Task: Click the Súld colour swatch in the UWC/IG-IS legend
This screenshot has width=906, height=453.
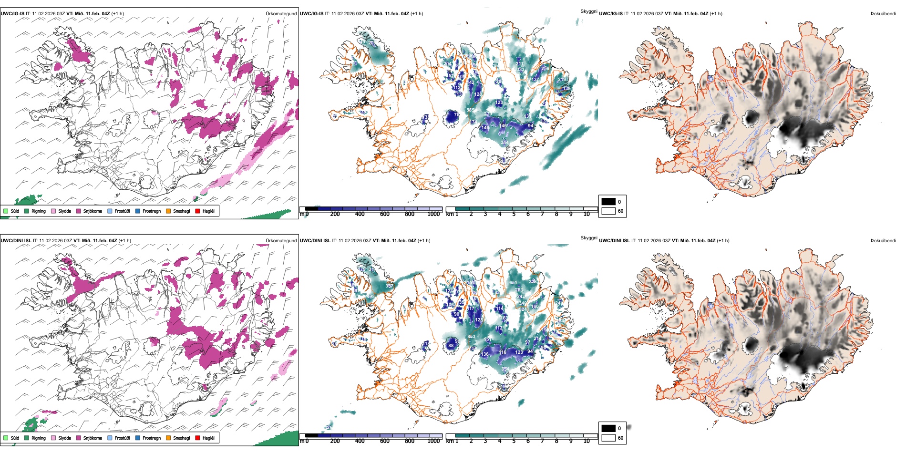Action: (x=6, y=211)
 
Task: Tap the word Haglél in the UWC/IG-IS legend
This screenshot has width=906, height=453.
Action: (x=208, y=211)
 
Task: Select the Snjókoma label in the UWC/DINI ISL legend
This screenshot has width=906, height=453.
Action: (x=93, y=438)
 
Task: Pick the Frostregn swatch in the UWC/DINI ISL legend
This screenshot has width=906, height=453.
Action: (x=137, y=438)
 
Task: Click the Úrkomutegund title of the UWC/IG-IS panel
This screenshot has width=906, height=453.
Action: (x=281, y=14)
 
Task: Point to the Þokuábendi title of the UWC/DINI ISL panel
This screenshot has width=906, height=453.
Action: (x=883, y=241)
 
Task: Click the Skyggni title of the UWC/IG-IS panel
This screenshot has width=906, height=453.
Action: (x=588, y=11)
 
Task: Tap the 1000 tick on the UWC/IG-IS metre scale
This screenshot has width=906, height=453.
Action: (x=433, y=214)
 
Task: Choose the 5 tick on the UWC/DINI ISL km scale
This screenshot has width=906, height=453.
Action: (x=514, y=441)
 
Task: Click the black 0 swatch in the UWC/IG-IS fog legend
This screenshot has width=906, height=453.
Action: (x=608, y=202)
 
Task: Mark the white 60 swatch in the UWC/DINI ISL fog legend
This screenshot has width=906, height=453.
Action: (x=608, y=438)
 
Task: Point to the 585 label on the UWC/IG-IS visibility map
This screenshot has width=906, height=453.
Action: (x=470, y=110)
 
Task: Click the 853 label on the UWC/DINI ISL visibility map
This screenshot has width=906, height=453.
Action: (x=471, y=337)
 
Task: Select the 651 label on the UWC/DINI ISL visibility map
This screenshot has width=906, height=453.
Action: (x=513, y=283)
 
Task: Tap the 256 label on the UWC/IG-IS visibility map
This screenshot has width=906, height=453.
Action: (x=545, y=69)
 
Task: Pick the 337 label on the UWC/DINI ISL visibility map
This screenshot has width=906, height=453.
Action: (x=389, y=286)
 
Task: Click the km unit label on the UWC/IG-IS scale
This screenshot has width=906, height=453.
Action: (x=450, y=214)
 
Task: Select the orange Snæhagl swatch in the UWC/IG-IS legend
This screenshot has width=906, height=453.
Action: (x=168, y=211)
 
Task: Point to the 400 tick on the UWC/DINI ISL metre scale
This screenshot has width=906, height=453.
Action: (x=360, y=441)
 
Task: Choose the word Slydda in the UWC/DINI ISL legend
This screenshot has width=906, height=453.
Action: (x=64, y=438)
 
